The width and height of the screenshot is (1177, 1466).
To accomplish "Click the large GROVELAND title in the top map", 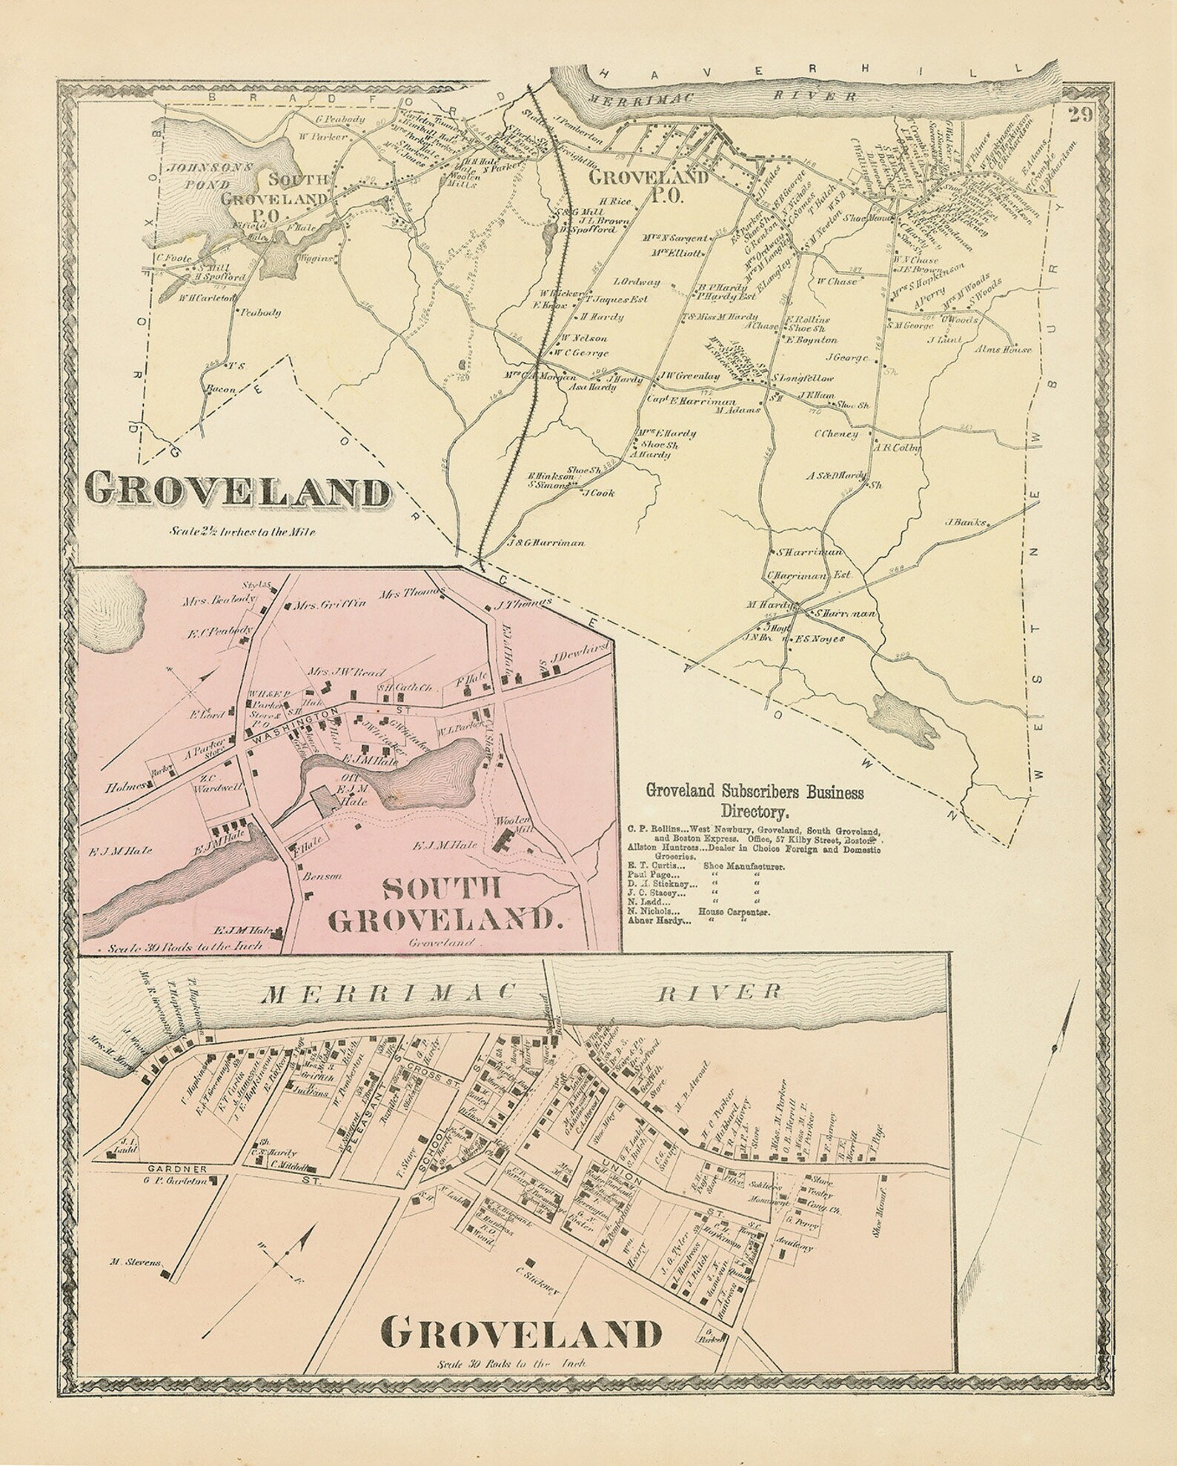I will tap(237, 491).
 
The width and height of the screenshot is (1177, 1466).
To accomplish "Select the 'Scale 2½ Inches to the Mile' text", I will tap(236, 530).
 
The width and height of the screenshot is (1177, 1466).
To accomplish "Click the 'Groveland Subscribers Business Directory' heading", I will tap(755, 800).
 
